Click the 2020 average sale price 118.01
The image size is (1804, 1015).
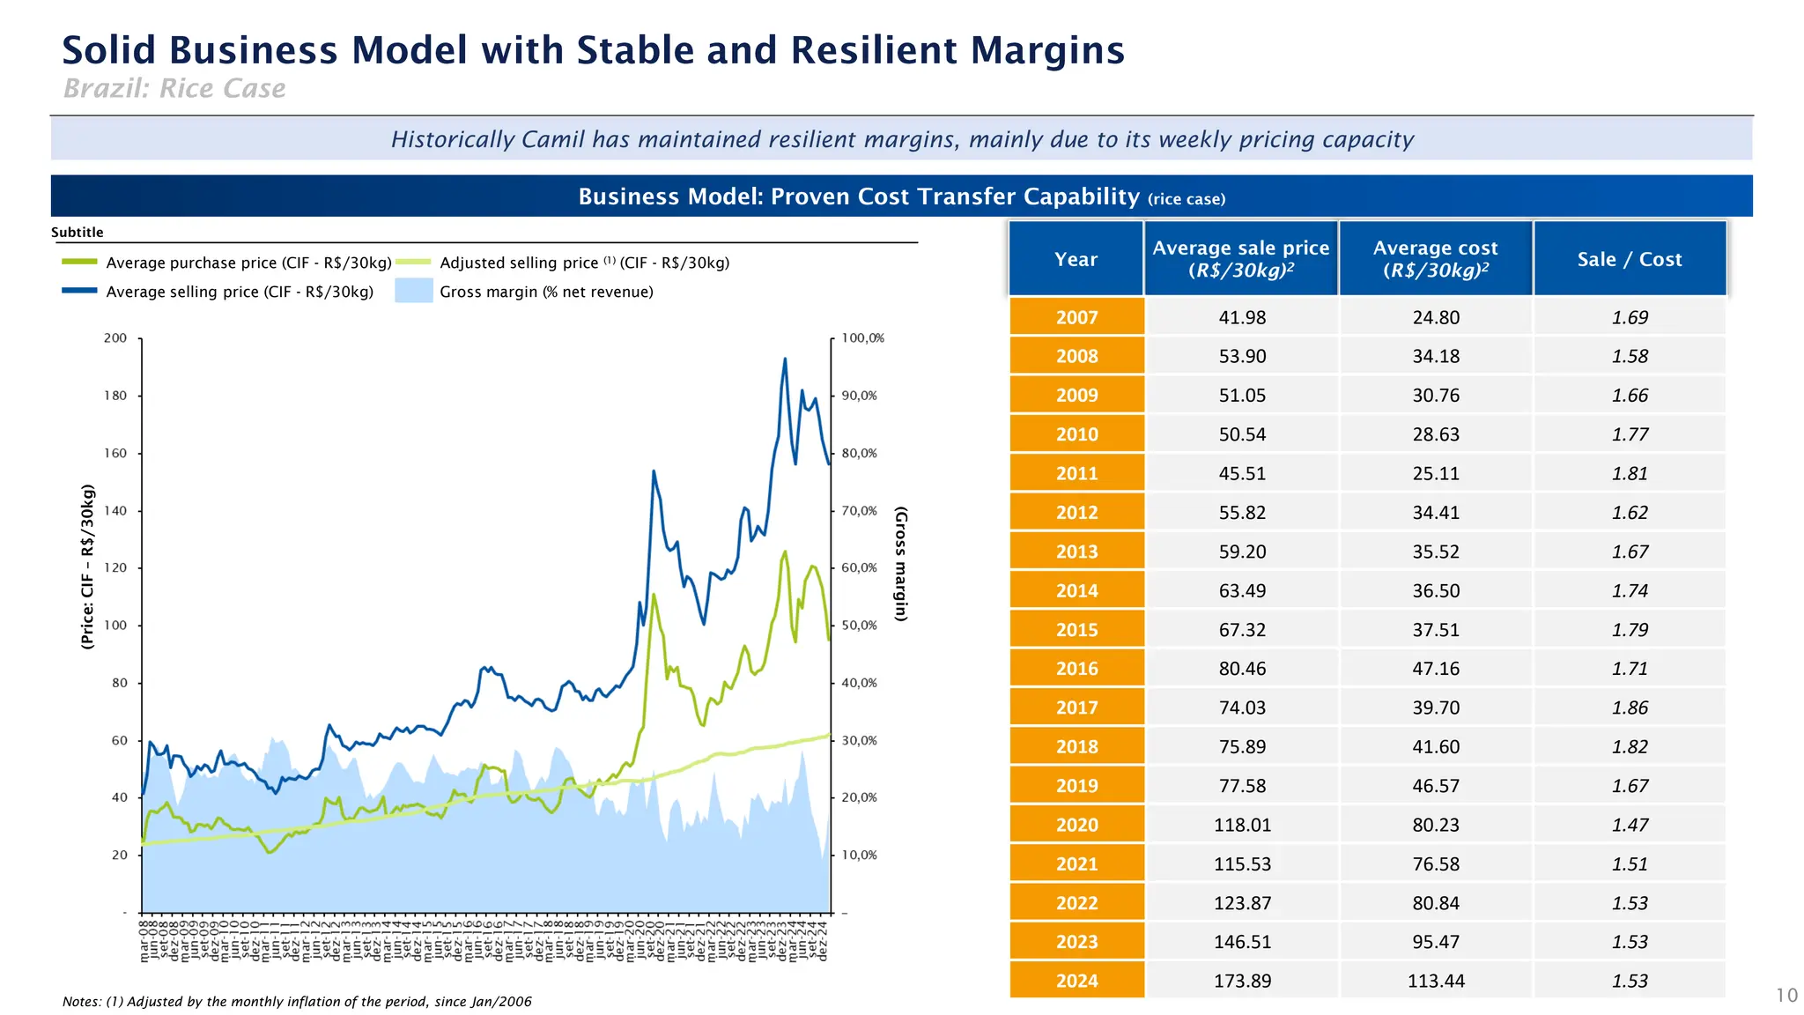click(x=1242, y=825)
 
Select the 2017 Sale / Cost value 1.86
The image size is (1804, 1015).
click(x=1630, y=708)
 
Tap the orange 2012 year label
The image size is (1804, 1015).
click(x=1076, y=513)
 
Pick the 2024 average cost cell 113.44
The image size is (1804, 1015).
click(x=1436, y=981)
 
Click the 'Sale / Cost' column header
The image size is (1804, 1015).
click(x=1630, y=259)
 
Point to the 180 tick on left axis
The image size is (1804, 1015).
click(x=115, y=396)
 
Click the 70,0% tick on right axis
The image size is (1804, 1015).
click(x=859, y=511)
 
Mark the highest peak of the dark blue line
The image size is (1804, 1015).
click(x=785, y=359)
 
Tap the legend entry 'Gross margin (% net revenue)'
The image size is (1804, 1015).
click(x=546, y=292)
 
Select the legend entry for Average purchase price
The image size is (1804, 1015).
click(x=248, y=263)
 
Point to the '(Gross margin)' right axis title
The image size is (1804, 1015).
click(x=900, y=564)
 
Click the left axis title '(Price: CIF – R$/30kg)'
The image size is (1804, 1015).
click(x=87, y=567)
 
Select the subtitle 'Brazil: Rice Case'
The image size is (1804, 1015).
click(x=174, y=88)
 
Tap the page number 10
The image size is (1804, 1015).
click(x=1786, y=996)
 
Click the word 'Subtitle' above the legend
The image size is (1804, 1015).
click(x=78, y=233)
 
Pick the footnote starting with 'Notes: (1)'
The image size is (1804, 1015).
click(x=297, y=1002)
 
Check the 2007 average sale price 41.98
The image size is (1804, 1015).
click(x=1242, y=317)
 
